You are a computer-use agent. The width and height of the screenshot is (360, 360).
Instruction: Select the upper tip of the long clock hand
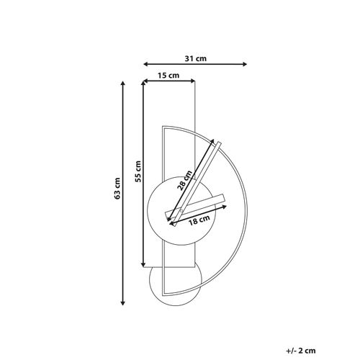click(218, 142)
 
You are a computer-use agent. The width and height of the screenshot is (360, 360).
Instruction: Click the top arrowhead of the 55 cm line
click(145, 84)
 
